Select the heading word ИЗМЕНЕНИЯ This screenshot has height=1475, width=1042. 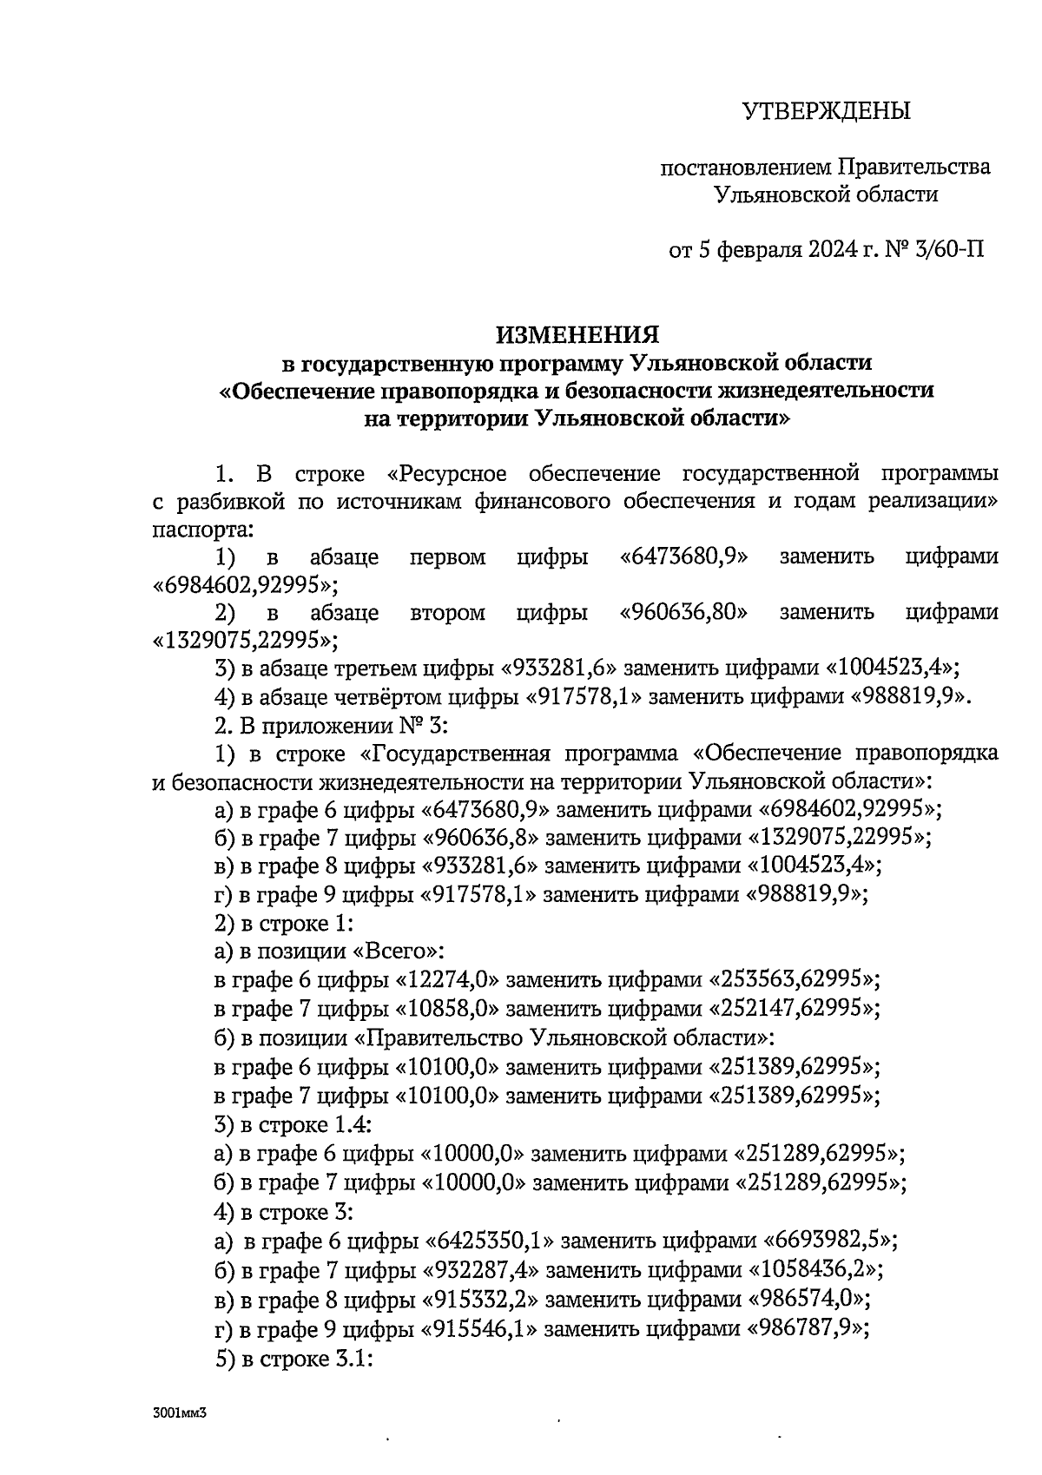click(x=577, y=334)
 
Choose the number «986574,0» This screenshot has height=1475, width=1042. click(x=809, y=1298)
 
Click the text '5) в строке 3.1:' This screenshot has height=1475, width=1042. click(x=293, y=1356)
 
